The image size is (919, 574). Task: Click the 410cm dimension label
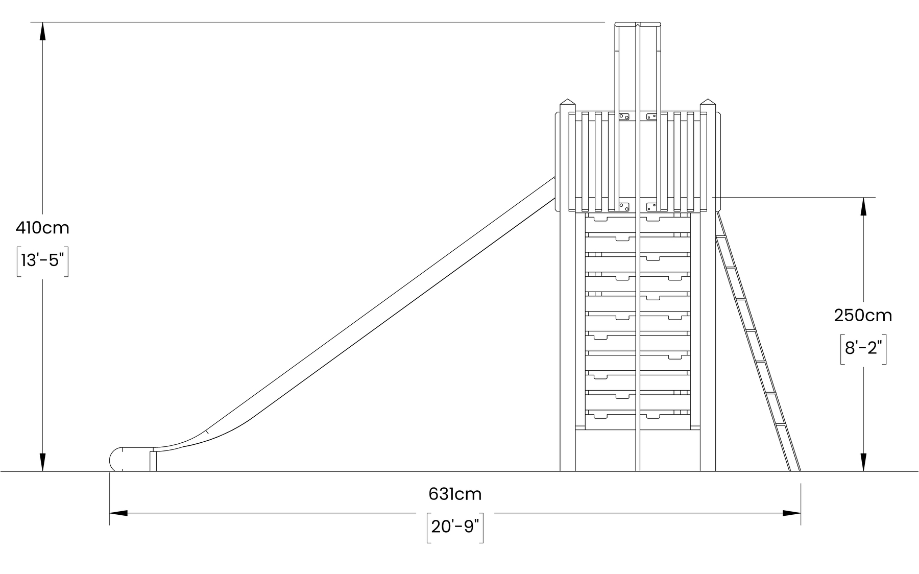[42, 228]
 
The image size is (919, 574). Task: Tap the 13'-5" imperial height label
[42, 261]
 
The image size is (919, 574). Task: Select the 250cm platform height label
[863, 316]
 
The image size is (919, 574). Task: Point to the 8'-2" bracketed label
[863, 348]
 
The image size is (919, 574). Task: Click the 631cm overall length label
[455, 494]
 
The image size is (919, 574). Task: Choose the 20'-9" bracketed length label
[455, 527]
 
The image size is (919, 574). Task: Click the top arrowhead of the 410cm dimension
[42, 32]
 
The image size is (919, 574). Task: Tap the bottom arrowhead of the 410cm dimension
[42, 462]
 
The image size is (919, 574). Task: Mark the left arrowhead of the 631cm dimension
[118, 513]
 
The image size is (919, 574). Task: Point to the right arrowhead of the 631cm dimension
[791, 513]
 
